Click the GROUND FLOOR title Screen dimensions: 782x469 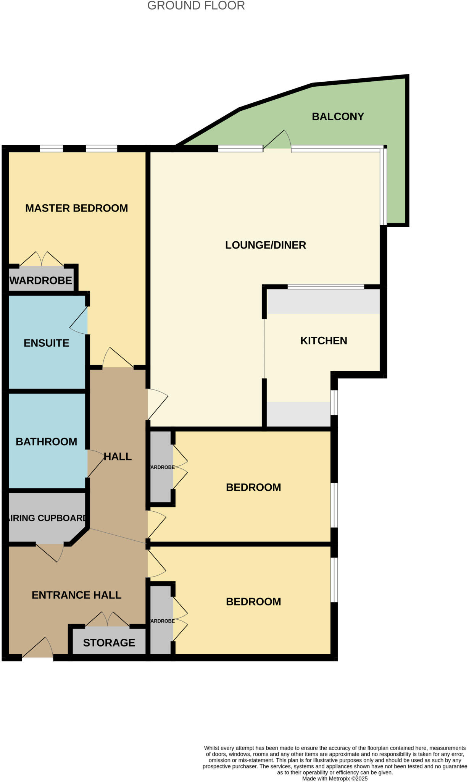pyautogui.click(x=196, y=6)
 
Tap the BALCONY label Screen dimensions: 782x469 pyautogui.click(x=338, y=116)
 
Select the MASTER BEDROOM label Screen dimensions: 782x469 pyautogui.click(x=76, y=208)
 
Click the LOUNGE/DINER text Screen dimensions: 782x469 pyautogui.click(x=266, y=245)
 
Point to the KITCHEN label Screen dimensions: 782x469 pyautogui.click(x=324, y=341)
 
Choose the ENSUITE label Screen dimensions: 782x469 pyautogui.click(x=47, y=343)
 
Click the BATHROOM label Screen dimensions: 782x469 pyautogui.click(x=47, y=442)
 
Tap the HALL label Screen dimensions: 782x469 pyautogui.click(x=118, y=457)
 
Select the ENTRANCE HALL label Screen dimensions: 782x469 pyautogui.click(x=76, y=595)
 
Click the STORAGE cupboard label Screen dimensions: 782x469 pyautogui.click(x=109, y=643)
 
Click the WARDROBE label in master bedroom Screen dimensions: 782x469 pyautogui.click(x=41, y=281)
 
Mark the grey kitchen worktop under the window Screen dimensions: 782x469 pyautogui.click(x=324, y=302)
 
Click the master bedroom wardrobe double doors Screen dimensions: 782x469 pyautogui.click(x=42, y=259)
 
